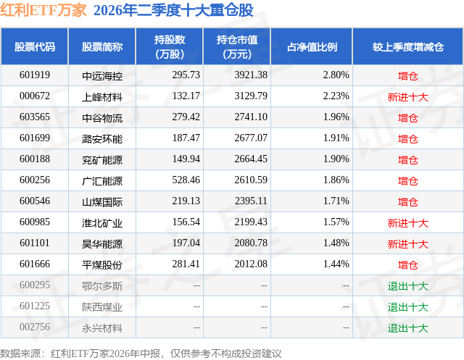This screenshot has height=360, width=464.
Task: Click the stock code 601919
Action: click(x=35, y=75)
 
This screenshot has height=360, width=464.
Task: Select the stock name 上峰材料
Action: click(x=102, y=96)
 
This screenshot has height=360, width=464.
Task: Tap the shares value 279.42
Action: click(x=186, y=117)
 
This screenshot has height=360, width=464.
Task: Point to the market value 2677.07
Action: click(x=251, y=138)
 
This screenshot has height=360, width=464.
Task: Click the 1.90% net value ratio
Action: click(x=336, y=159)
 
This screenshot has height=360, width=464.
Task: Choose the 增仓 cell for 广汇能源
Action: click(x=407, y=180)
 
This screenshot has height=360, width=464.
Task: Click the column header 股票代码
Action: click(x=35, y=46)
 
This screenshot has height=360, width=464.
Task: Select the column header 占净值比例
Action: click(x=312, y=46)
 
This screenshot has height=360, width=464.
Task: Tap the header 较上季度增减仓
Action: click(x=407, y=46)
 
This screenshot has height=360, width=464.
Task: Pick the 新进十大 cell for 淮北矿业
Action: click(x=407, y=223)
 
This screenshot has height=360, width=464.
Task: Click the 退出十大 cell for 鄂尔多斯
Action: click(x=407, y=286)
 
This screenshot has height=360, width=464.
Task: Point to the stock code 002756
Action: click(x=35, y=327)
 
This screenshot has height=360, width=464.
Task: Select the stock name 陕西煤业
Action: click(x=102, y=307)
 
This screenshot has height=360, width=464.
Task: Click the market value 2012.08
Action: click(x=251, y=264)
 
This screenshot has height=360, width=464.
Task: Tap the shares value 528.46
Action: click(x=186, y=180)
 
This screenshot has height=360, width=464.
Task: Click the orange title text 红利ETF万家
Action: click(x=43, y=10)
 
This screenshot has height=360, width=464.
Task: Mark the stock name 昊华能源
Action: click(x=102, y=244)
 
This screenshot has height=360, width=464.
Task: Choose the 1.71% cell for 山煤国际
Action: click(x=336, y=201)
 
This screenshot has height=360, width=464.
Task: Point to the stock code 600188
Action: click(x=35, y=159)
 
